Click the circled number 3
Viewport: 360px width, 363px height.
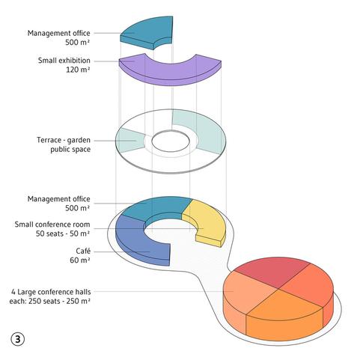(18, 339)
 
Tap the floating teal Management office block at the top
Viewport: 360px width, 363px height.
(147, 31)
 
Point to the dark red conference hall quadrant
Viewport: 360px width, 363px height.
(271, 271)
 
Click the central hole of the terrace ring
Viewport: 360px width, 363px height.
(171, 141)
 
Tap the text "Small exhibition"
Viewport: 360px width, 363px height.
(64, 61)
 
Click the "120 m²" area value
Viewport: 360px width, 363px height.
(78, 70)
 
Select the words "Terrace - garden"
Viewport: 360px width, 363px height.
(64, 140)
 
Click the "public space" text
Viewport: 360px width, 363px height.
(70, 150)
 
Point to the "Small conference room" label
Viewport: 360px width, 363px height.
(52, 225)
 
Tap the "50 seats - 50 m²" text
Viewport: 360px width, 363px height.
(63, 234)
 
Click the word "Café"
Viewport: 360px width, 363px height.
(83, 251)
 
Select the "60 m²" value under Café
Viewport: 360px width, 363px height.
(80, 260)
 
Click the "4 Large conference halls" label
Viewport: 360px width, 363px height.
(51, 292)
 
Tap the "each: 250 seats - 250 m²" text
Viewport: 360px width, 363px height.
(49, 301)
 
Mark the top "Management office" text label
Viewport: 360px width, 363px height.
(59, 33)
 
